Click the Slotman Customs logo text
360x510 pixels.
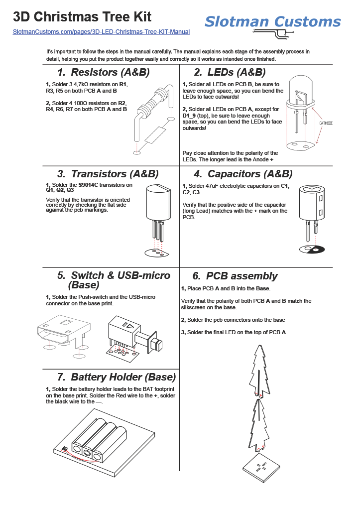click(273, 21)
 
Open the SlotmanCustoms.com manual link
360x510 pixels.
click(101, 32)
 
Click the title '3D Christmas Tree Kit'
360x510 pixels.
click(82, 17)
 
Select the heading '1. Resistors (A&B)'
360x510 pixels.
click(103, 72)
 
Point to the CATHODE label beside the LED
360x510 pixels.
click(326, 123)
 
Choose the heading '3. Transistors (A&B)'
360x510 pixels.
click(108, 174)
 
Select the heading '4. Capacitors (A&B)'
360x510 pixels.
click(243, 174)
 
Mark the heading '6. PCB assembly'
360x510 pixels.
click(235, 276)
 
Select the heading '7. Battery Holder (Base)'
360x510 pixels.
click(116, 377)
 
